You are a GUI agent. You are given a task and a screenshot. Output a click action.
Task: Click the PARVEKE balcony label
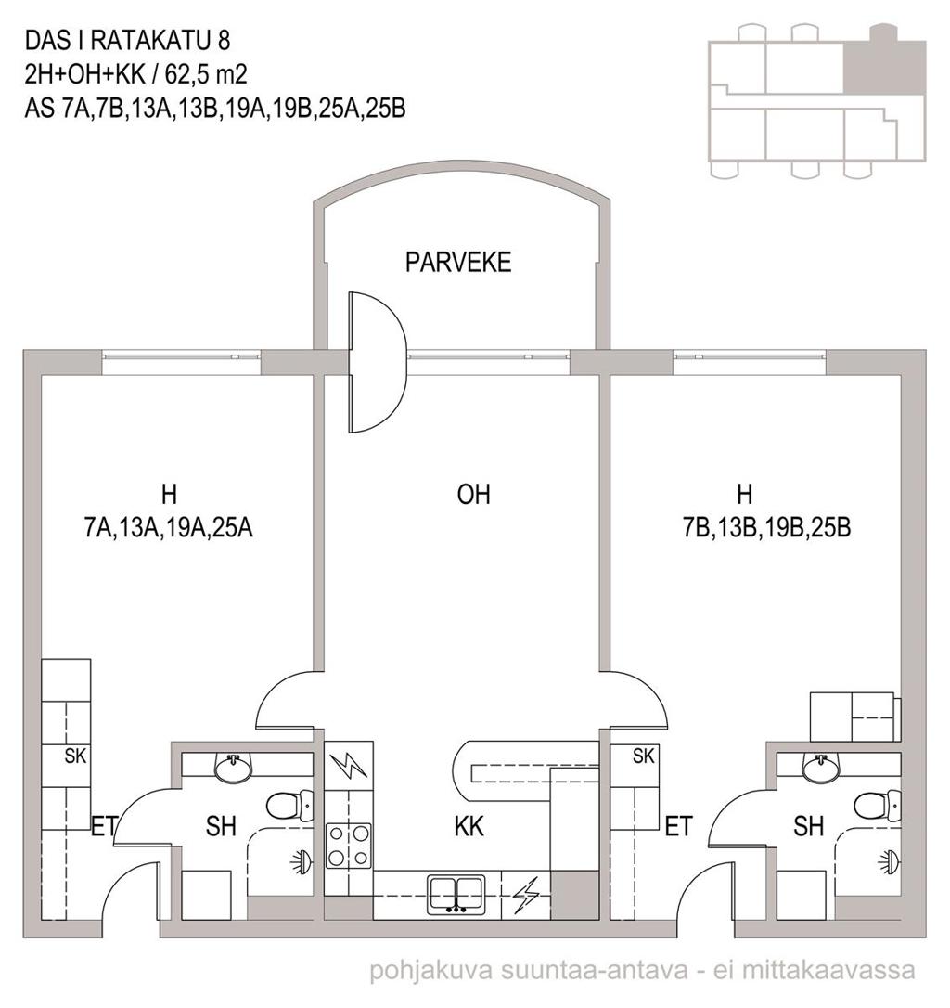coord(458,263)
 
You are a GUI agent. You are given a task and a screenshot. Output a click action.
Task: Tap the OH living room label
coord(474,495)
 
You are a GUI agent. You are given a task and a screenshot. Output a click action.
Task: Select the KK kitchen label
coord(469,826)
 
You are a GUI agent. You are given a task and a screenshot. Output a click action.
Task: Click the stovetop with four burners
coord(349,846)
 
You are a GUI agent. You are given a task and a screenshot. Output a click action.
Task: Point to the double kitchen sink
coord(456,895)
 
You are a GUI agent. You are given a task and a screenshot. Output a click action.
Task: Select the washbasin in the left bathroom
coord(233,768)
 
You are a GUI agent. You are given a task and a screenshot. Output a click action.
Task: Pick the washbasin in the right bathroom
coord(821,767)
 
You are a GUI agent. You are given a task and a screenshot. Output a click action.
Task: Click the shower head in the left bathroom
coord(302,861)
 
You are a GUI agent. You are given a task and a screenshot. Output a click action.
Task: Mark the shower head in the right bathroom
coord(891,860)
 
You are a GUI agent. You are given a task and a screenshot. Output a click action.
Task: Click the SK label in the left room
coord(75,756)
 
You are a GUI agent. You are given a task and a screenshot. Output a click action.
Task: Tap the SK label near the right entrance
coord(644,756)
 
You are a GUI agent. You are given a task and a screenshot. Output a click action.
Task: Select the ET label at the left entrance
coord(104,826)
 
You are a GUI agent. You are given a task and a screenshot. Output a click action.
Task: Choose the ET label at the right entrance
coord(678,826)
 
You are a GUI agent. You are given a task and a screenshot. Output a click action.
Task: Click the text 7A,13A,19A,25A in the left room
coord(169,528)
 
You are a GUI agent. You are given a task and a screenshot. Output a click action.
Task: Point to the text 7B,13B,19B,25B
coord(767,528)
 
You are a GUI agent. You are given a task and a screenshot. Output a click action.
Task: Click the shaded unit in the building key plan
coord(884,61)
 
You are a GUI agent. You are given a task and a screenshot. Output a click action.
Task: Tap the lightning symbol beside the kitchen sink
coord(526,895)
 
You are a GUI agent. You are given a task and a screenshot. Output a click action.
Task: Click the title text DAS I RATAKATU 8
coord(127,41)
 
